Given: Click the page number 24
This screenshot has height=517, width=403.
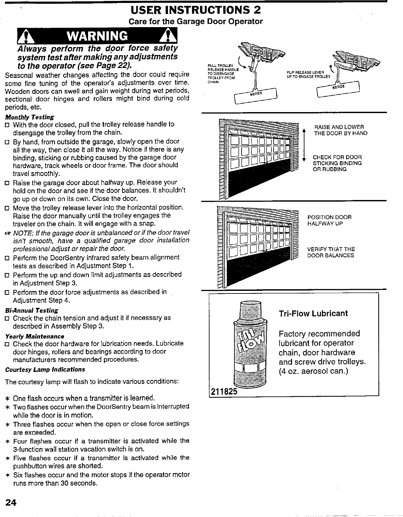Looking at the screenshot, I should point(11,502).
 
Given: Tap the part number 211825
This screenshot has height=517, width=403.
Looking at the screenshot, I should point(223,392).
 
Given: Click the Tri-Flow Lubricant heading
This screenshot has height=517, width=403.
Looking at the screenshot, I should point(313,314).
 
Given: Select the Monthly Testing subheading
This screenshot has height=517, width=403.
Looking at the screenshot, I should point(29,117).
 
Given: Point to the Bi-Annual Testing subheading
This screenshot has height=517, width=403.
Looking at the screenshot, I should point(32,310).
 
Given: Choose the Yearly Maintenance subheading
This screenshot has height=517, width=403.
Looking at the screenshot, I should point(35,336).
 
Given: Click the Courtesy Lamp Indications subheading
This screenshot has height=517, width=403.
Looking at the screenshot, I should point(45,370).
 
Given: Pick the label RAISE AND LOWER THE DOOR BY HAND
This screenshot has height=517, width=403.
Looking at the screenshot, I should point(340,130).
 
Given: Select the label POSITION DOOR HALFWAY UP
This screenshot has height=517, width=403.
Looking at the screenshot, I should point(329,220).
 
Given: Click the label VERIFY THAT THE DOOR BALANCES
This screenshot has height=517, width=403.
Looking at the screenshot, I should point(331,252).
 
